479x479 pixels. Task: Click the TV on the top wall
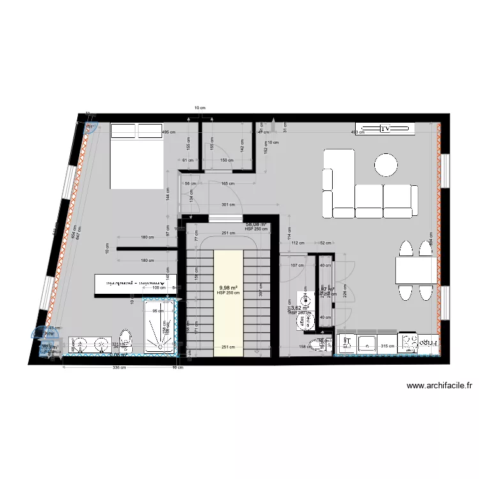(x=385, y=128)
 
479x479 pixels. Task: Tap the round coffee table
(x=386, y=164)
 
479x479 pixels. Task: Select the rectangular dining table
(x=416, y=270)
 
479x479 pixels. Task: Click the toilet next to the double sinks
(x=125, y=341)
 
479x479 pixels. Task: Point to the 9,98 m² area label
(x=228, y=288)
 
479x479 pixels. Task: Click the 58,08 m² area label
(x=256, y=225)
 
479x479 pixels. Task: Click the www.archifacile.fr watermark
(x=439, y=385)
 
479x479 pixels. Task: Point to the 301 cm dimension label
(x=229, y=205)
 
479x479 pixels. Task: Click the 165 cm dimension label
(x=228, y=184)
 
